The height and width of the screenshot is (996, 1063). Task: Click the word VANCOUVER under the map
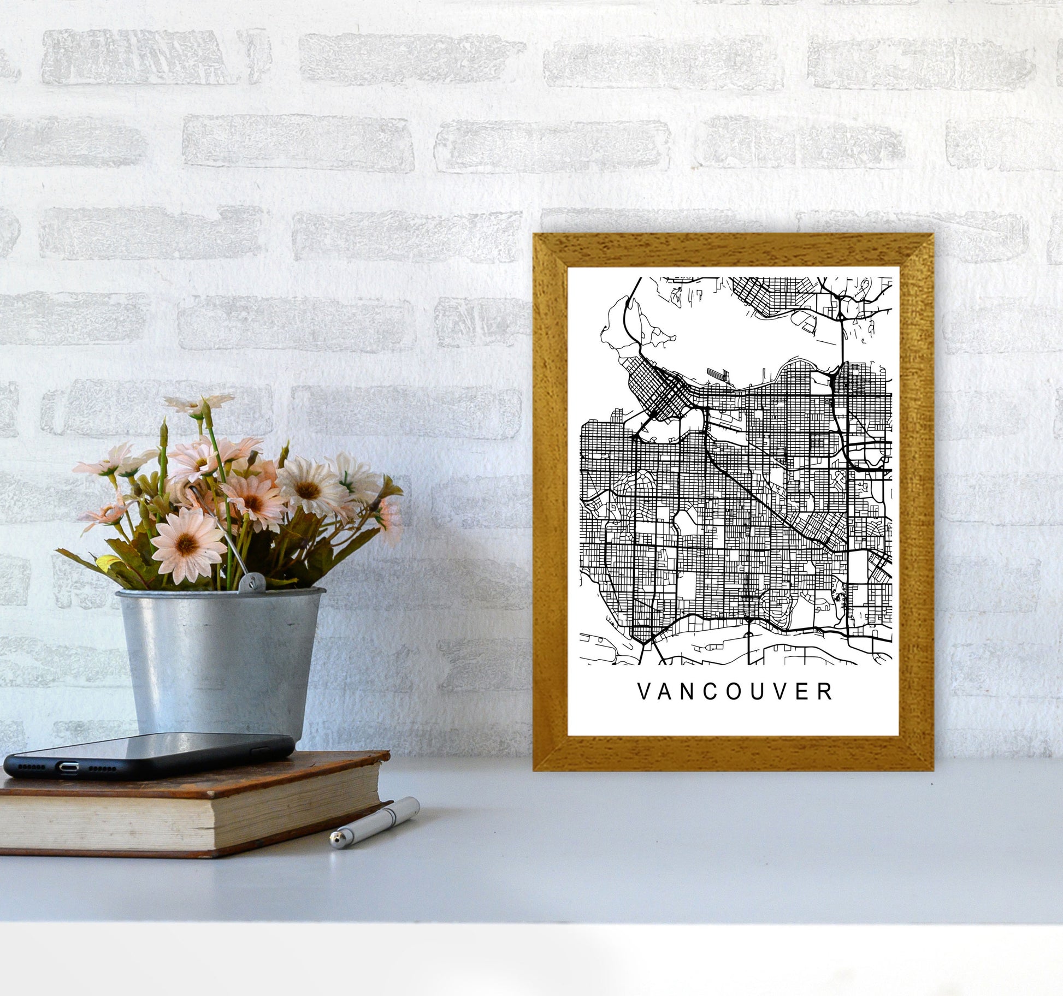coord(735,692)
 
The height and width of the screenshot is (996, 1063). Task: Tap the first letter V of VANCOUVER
coord(643,692)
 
